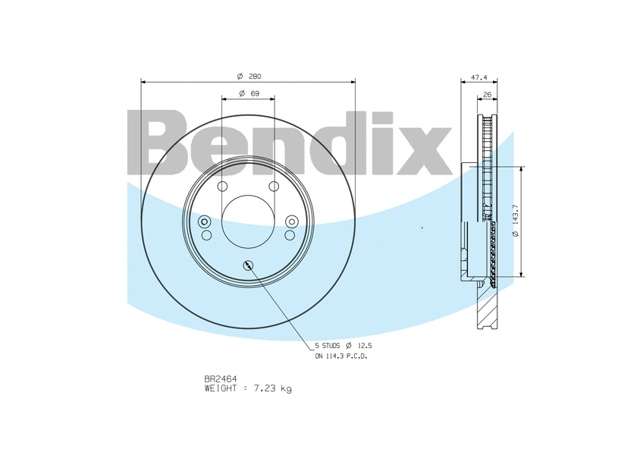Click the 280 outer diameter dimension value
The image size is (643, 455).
pyautogui.click(x=255, y=77)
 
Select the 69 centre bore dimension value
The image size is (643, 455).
pyautogui.click(x=255, y=93)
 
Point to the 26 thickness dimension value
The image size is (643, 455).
pyautogui.click(x=487, y=95)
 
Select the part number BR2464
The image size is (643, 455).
pyautogui.click(x=221, y=379)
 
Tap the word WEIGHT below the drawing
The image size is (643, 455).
pyautogui.click(x=221, y=388)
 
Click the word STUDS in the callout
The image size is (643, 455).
pyautogui.click(x=330, y=347)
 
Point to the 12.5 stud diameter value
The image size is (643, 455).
pyautogui.click(x=365, y=347)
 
